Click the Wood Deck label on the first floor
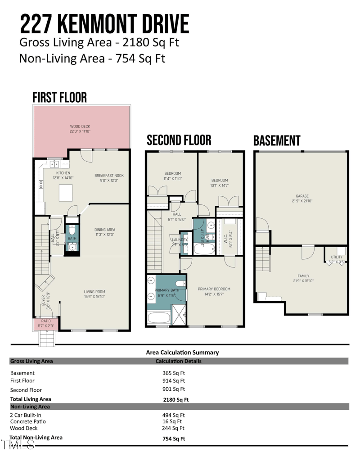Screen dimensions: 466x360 click(x=81, y=127)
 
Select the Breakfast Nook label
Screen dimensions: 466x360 click(x=108, y=176)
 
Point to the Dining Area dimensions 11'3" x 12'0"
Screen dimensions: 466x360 click(x=104, y=234)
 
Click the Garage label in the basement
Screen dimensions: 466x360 click(x=301, y=196)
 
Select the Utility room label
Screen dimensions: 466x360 click(x=337, y=257)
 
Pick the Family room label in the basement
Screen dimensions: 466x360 click(x=303, y=276)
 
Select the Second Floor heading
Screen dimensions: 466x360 click(x=179, y=140)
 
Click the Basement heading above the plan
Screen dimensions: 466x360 click(x=276, y=140)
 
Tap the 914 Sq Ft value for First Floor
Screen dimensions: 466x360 click(x=174, y=380)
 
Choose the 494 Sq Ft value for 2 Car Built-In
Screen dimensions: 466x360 click(x=174, y=415)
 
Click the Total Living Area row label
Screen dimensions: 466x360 click(x=31, y=399)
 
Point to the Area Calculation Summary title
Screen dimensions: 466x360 click(x=182, y=353)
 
